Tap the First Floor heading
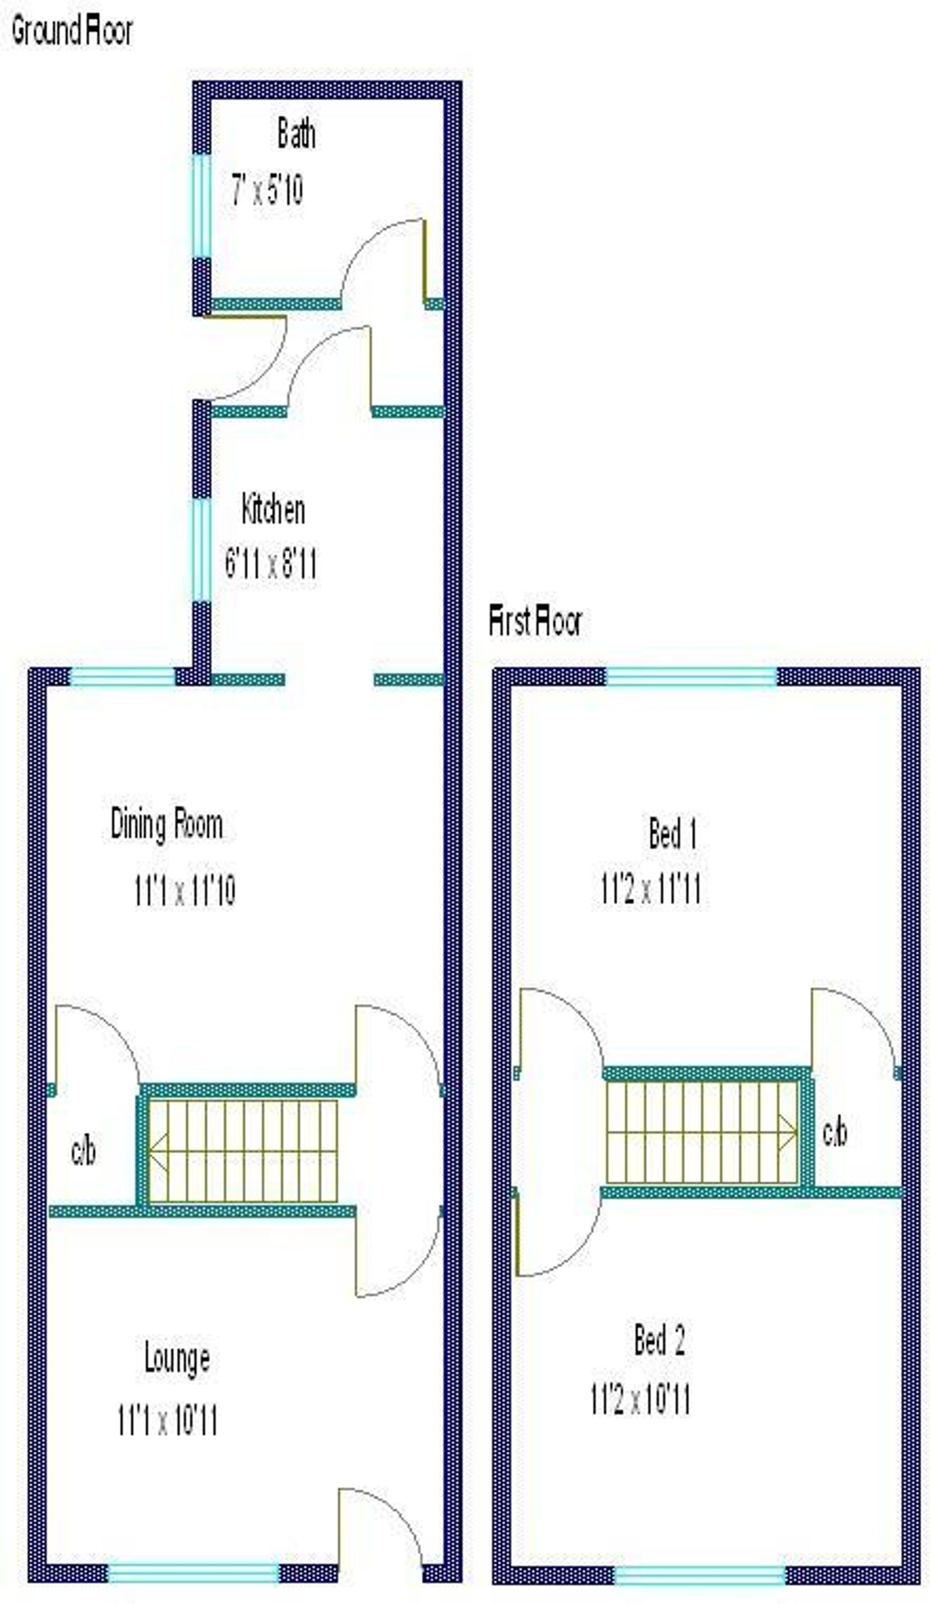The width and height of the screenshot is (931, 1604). (534, 621)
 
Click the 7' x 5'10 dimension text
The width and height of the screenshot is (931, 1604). (267, 190)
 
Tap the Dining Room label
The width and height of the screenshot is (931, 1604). (166, 824)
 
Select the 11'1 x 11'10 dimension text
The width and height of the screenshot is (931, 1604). (185, 890)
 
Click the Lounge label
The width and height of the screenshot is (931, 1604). (176, 1358)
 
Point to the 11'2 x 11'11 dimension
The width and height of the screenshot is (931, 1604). (650, 889)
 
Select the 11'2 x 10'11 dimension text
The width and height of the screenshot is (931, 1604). (640, 1399)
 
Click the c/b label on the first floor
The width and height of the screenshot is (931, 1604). (834, 1132)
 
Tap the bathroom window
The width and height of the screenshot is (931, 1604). (201, 206)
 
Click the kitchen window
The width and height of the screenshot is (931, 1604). (201, 549)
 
